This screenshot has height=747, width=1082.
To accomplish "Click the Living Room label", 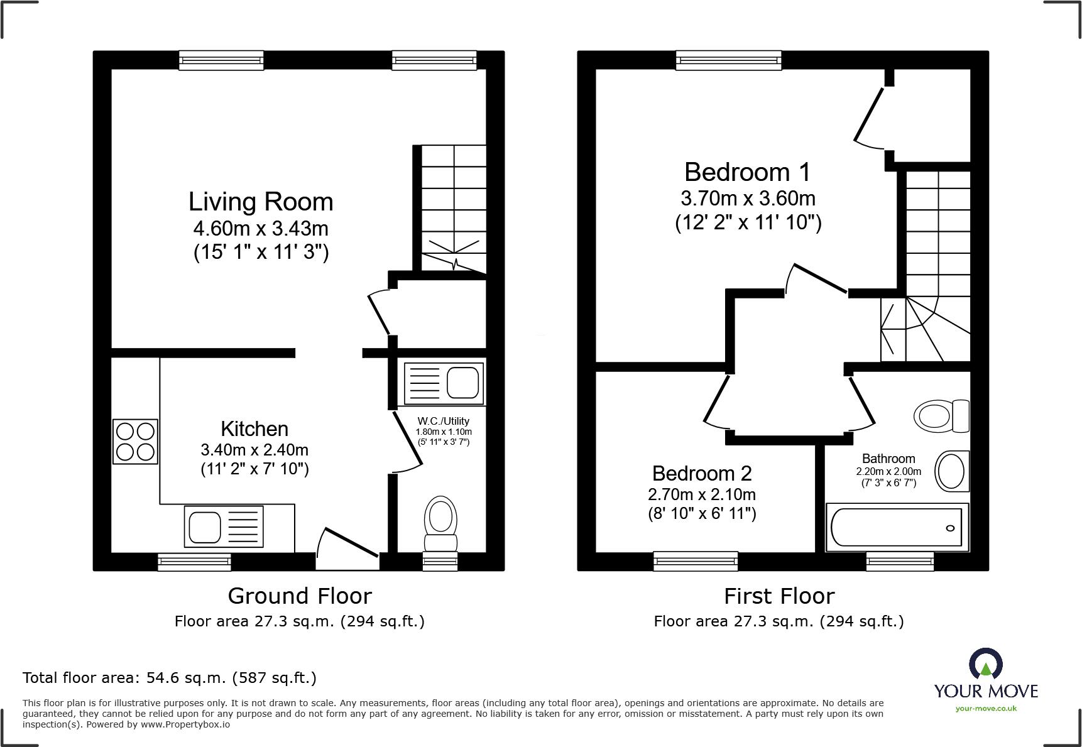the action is (261, 202).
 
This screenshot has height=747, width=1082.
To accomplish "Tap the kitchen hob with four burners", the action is (135, 442).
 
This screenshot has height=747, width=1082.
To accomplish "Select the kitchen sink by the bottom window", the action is (224, 526).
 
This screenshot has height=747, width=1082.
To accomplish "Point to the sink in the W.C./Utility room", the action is (444, 383).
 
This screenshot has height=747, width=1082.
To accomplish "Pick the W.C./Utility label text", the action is (444, 421).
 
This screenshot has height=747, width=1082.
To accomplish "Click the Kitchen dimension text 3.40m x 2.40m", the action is (254, 450).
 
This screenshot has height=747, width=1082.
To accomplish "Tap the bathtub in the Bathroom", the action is (897, 527).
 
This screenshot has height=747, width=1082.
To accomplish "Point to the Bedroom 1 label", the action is (747, 172).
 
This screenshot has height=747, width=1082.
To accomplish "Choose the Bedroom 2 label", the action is (702, 473).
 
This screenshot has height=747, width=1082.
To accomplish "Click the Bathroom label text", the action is (888, 459).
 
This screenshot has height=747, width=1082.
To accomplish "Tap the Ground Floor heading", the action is (300, 596).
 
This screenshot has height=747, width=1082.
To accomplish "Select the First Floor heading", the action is (779, 596).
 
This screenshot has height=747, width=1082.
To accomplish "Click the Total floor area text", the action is (170, 678).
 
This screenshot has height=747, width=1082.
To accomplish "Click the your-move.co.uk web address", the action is (986, 709).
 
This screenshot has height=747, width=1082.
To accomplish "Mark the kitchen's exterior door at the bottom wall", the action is (347, 550).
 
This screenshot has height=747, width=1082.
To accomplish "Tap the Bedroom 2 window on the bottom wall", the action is (696, 561).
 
